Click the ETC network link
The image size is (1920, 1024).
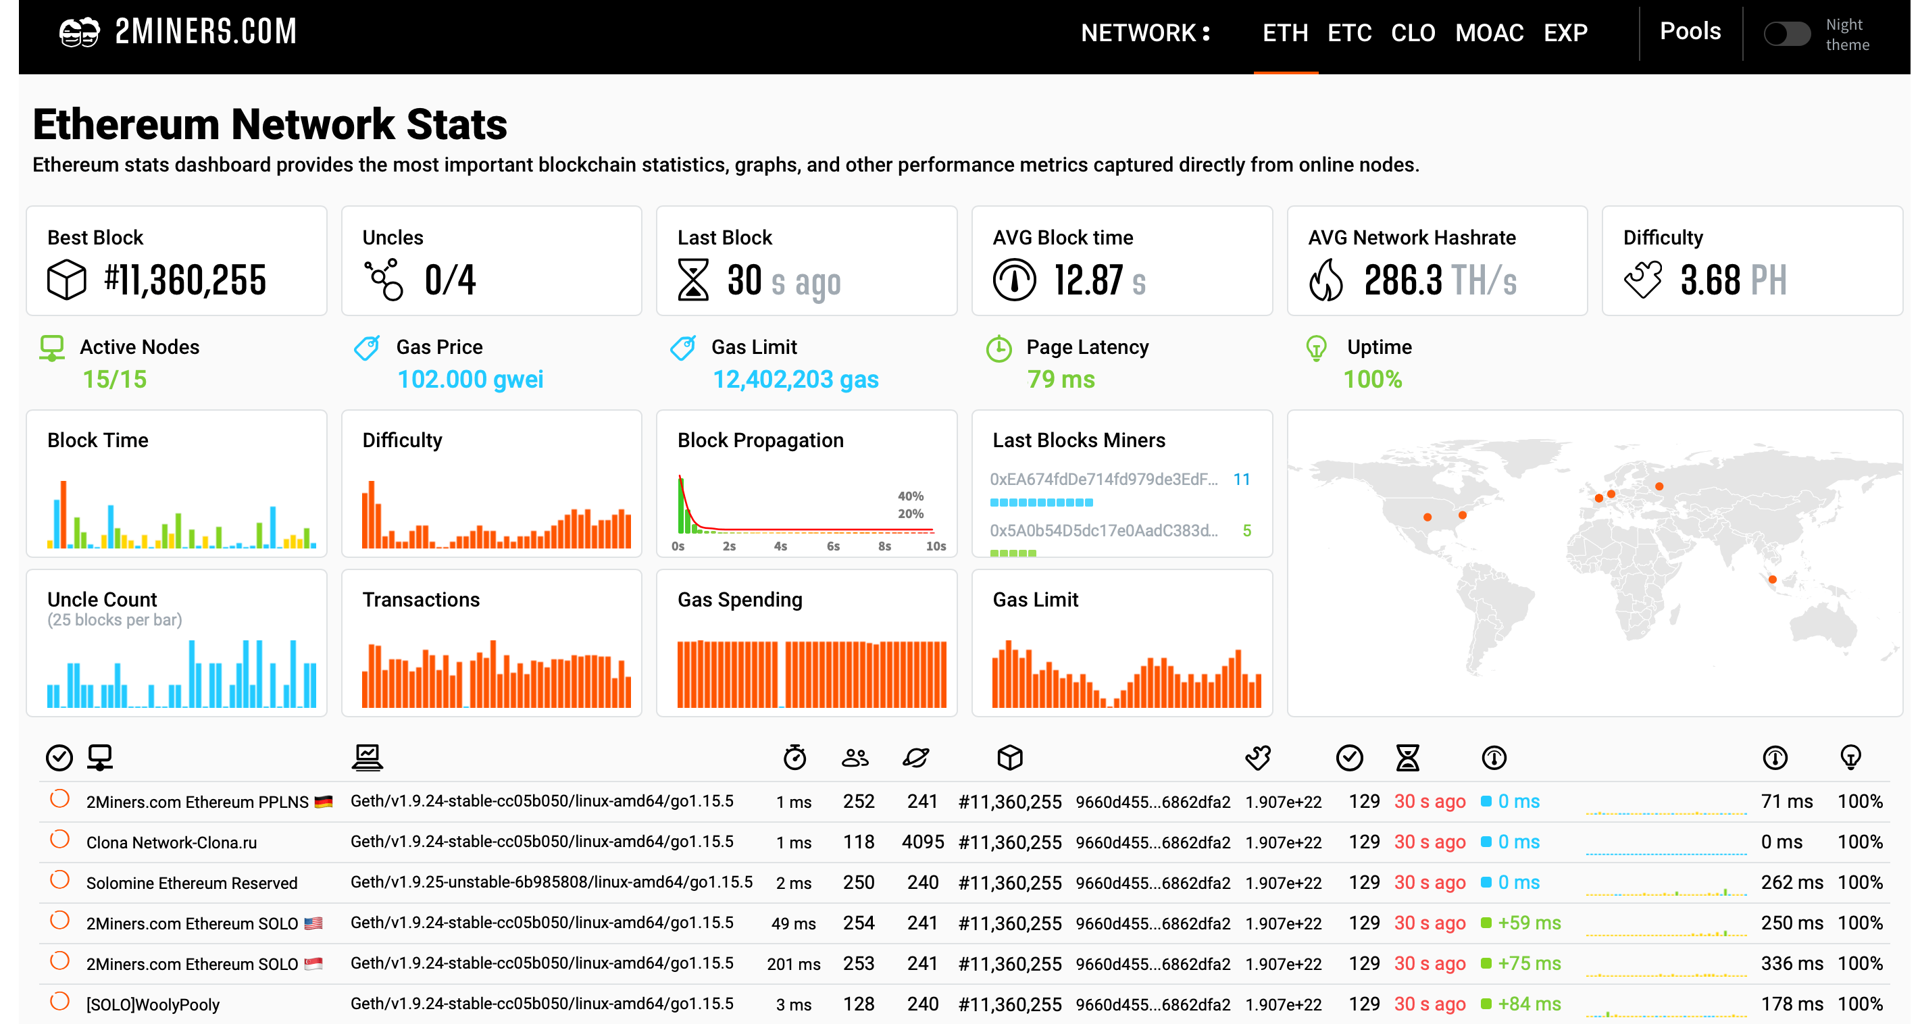coord(1349,33)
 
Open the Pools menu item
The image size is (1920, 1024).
coord(1690,31)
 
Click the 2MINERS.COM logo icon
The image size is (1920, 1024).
coord(79,32)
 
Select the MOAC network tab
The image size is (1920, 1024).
coord(1488,33)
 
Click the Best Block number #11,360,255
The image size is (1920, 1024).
coord(185,280)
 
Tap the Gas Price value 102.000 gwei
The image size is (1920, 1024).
coord(470,380)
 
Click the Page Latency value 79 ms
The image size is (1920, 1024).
coord(1061,380)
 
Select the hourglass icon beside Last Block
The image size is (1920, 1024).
coord(692,280)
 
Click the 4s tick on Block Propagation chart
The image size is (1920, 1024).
coord(780,546)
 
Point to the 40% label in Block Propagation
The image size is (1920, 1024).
coord(910,496)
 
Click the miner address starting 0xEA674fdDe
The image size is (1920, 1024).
coord(1103,479)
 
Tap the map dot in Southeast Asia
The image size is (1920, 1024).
coord(1773,579)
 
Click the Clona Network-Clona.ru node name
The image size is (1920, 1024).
coord(172,842)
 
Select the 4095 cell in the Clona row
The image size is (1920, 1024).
coord(922,842)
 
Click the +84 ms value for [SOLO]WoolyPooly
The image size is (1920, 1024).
coord(1529,1004)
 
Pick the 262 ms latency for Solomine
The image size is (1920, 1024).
coord(1791,882)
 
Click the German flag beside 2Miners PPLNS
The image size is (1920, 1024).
coord(324,802)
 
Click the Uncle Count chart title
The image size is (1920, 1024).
coord(102,599)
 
